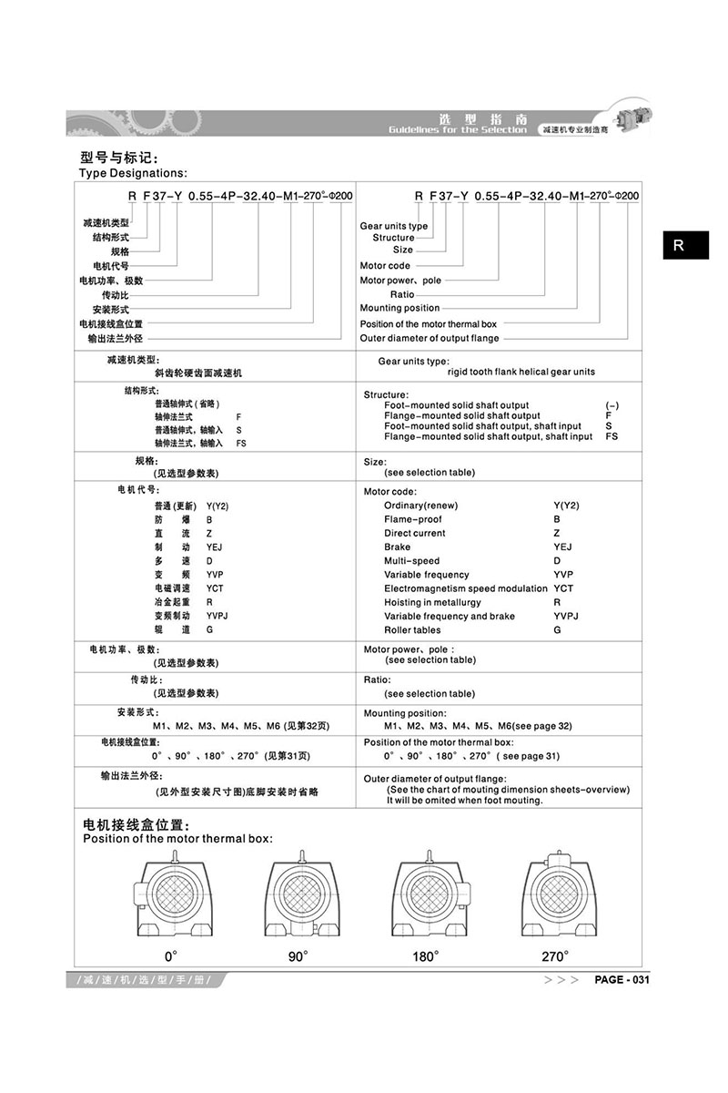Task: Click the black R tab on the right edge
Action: pos(685,244)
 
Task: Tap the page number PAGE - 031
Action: pos(622,980)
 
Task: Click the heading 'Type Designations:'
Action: pos(133,172)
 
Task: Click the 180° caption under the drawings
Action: pos(425,956)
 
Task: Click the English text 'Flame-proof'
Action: pos(413,519)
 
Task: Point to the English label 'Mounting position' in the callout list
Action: pos(399,308)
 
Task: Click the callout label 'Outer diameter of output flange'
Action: pos(430,339)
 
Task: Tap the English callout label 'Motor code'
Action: pos(385,266)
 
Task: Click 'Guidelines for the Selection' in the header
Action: pos(457,130)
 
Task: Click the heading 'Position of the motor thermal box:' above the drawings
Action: pos(177,839)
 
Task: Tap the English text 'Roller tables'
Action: pos(412,630)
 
